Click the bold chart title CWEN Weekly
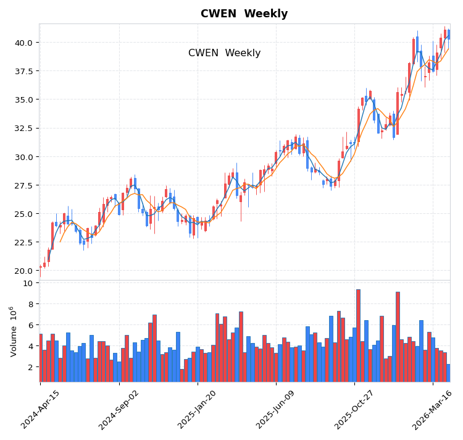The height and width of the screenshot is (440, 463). click(x=244, y=14)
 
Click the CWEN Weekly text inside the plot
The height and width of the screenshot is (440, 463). click(x=224, y=53)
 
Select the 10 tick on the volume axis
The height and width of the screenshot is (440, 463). click(x=28, y=283)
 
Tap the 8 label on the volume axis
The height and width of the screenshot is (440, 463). click(x=30, y=304)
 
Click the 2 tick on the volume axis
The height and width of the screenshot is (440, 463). click(x=30, y=367)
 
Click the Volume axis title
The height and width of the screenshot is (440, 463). click(x=13, y=331)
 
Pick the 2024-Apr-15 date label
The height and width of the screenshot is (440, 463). click(x=41, y=408)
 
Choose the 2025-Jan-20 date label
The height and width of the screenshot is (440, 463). click(x=198, y=408)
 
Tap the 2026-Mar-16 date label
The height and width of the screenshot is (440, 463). click(x=433, y=408)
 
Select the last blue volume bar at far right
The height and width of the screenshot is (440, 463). click(x=448, y=373)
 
